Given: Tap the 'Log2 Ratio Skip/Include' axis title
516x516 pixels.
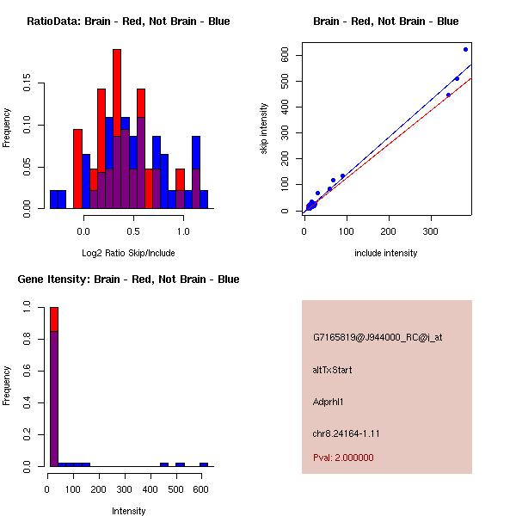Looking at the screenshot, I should [127, 253].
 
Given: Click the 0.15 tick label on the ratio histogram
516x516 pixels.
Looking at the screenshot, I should [28, 85].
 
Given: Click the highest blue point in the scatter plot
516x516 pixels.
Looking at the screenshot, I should [465, 49].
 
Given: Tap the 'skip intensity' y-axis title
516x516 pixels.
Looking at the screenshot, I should [265, 129].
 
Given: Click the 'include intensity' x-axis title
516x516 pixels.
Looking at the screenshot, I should [386, 253].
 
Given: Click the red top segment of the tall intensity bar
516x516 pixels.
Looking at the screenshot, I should [54, 318].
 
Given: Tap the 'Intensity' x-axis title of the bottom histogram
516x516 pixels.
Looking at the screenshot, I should [129, 511].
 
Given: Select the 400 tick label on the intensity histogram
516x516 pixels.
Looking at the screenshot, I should [150, 488].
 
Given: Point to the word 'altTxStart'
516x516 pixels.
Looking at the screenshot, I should [333, 370].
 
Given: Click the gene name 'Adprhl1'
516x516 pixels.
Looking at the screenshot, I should [329, 402].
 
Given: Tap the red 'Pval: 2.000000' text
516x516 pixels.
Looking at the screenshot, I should [343, 458].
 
